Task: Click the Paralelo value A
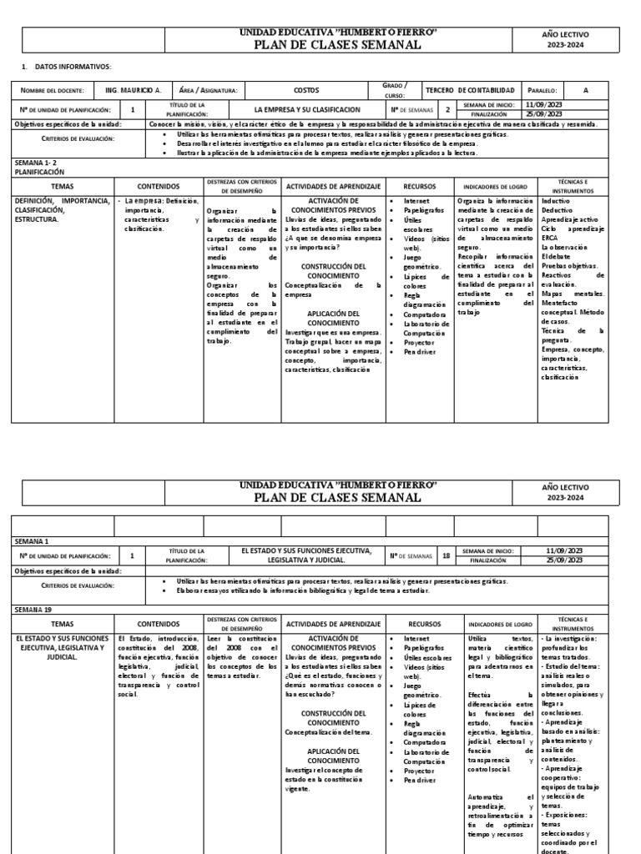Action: (586, 90)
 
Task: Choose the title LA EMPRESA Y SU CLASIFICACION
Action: (307, 109)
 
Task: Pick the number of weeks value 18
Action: (447, 555)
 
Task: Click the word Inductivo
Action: (557, 201)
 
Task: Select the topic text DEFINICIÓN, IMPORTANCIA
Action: (62, 201)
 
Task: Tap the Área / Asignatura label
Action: (209, 90)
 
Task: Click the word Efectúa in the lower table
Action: (481, 694)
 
